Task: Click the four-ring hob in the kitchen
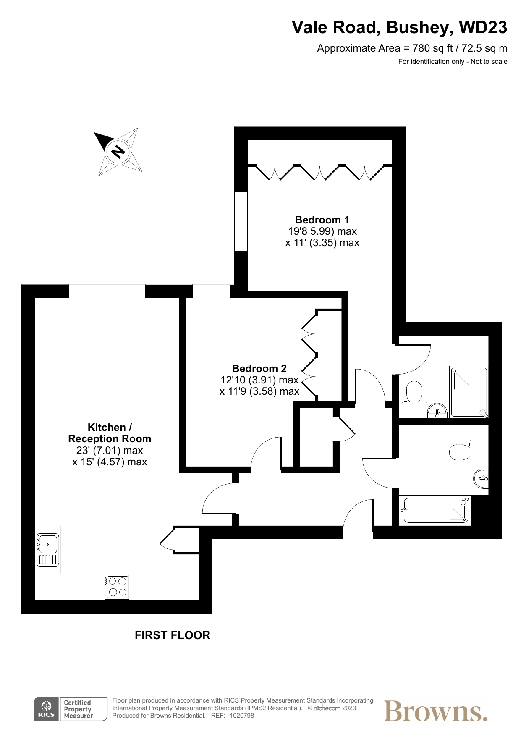(117, 587)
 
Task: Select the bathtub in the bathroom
(436, 510)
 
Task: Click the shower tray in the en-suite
(469, 392)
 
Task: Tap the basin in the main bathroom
(482, 478)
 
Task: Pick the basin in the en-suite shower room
(437, 410)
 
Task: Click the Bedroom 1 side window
(241, 221)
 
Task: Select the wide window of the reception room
(107, 291)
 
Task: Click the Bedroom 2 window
(211, 291)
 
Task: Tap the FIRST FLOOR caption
(172, 635)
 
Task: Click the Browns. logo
(436, 711)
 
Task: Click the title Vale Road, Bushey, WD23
(399, 28)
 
